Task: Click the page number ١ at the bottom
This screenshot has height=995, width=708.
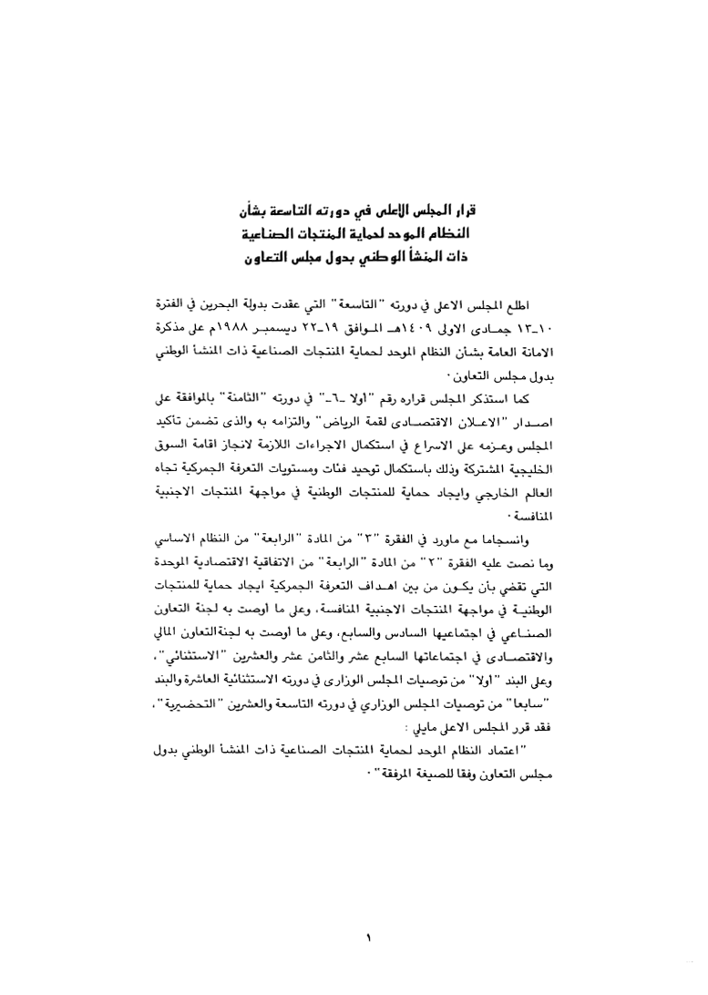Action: click(x=369, y=935)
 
